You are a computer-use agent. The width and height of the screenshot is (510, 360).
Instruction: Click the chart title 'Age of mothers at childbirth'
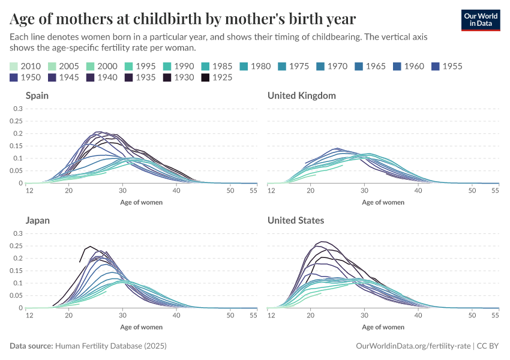pos(183,19)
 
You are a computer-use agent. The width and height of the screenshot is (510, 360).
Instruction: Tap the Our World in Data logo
pos(480,20)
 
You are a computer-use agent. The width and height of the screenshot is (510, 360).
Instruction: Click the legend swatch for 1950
pos(15,77)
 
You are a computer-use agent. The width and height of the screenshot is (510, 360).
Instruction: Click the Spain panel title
pos(37,95)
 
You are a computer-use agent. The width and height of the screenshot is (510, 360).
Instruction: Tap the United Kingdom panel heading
pos(301,95)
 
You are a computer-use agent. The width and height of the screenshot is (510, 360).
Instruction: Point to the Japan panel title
pos(37,220)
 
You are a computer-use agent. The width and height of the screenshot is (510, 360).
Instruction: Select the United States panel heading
pos(296,220)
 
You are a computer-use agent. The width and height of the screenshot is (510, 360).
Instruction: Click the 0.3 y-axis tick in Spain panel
pos(17,109)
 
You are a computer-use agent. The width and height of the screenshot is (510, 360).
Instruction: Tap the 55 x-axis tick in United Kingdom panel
pos(495,191)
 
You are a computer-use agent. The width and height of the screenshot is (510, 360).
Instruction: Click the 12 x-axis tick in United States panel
pos(271,316)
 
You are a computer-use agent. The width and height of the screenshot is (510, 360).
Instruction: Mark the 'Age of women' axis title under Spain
pos(141,202)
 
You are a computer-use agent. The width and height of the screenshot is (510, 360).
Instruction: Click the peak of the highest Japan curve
pos(90,246)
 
